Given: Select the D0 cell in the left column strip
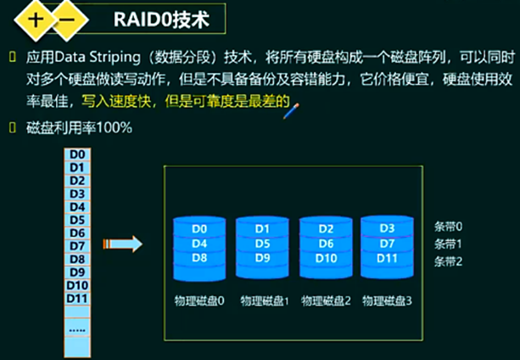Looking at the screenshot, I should tap(76, 155).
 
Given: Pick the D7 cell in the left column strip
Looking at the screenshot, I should tap(76, 245).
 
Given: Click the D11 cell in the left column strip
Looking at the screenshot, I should tap(76, 298).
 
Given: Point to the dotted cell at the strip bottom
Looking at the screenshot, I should tap(76, 328).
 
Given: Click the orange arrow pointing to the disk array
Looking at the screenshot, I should tap(122, 245).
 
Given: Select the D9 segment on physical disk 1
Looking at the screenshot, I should tap(261, 257).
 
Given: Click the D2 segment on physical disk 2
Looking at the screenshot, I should tap(326, 228).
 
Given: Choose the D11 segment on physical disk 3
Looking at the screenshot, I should tap(387, 257).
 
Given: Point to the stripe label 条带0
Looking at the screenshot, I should tap(449, 228).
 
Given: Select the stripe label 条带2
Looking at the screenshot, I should tap(449, 262).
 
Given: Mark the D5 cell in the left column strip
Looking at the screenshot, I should tap(76, 219).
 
